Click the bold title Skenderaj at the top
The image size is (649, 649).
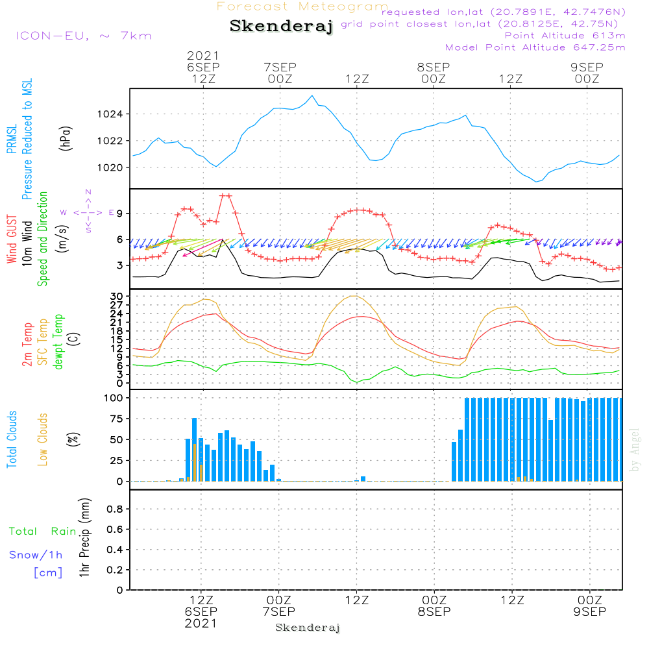click(x=281, y=27)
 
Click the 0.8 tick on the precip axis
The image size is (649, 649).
click(x=115, y=509)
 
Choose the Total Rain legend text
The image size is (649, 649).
click(x=43, y=532)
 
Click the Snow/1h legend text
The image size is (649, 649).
click(x=36, y=555)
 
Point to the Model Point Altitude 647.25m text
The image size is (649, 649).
click(x=535, y=47)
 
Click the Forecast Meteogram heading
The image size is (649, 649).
click(x=302, y=6)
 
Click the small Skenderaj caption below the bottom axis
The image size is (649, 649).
click(x=308, y=628)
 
